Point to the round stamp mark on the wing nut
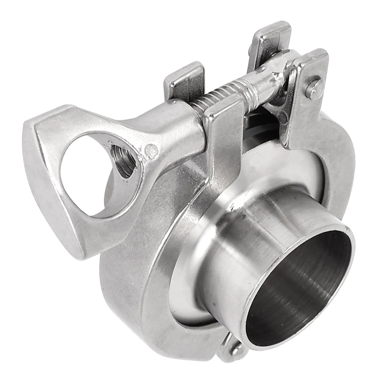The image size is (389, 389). (x=152, y=151)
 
